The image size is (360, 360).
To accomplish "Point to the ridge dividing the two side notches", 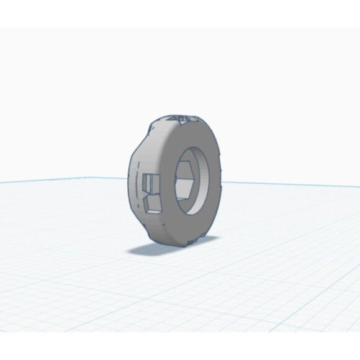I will pyautogui.click(x=151, y=194).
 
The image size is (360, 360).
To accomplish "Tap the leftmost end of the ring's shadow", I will pyautogui.click(x=129, y=250).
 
